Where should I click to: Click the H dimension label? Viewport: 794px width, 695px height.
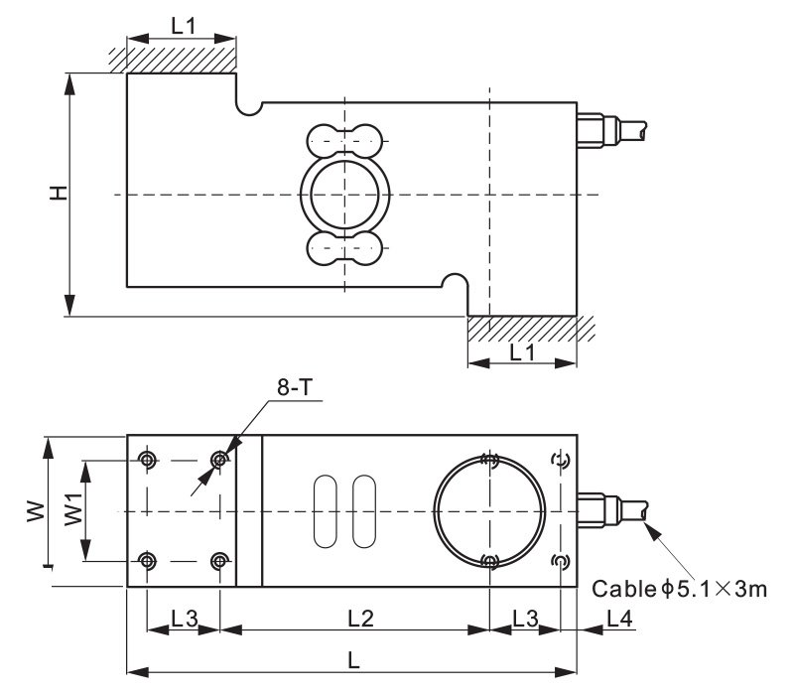point(59,193)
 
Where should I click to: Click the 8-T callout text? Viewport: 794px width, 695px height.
point(295,387)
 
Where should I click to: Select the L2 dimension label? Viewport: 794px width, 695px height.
point(360,619)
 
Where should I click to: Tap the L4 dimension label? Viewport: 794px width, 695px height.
point(619,619)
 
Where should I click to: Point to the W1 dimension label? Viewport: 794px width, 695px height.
point(73,509)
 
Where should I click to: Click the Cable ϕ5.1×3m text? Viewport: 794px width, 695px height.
point(679,589)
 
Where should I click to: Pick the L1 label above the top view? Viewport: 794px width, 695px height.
point(183,26)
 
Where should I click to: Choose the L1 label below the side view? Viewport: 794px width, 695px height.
point(522,352)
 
